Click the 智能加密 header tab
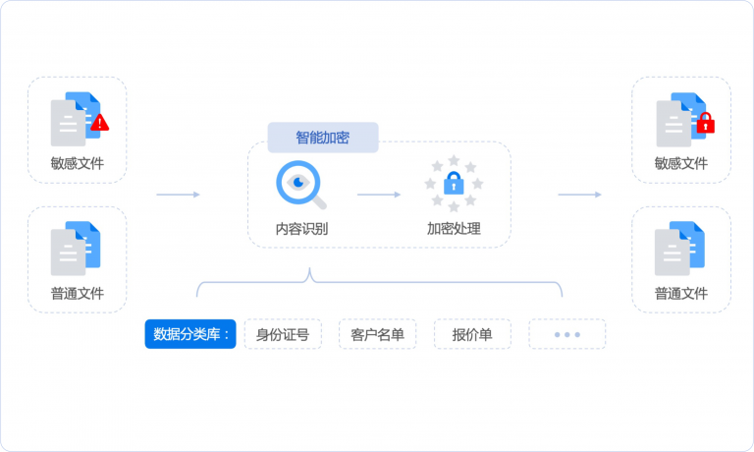[x=323, y=138]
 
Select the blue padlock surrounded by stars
[x=454, y=183]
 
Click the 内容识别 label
[x=301, y=230]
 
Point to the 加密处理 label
[x=454, y=230]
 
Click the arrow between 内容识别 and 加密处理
[x=378, y=195]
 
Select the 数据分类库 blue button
[x=190, y=334]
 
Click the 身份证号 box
[x=283, y=334]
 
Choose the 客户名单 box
[x=377, y=334]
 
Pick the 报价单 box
[x=472, y=334]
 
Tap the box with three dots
[x=566, y=334]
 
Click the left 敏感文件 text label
[x=78, y=163]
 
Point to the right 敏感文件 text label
[x=681, y=163]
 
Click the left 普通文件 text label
[x=78, y=293]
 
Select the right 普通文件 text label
[x=681, y=293]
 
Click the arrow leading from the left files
[x=178, y=195]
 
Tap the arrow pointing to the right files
[x=579, y=195]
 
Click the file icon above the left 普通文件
[x=76, y=249]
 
